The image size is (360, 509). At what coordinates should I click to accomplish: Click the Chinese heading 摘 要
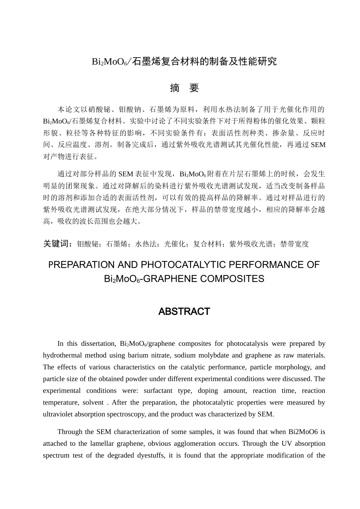(x=184, y=88)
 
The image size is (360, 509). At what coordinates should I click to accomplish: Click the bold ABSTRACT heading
(x=184, y=312)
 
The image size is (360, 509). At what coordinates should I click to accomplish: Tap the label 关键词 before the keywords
(x=57, y=244)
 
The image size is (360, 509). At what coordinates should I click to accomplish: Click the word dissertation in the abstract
(x=98, y=344)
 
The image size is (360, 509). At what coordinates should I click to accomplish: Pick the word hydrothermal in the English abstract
(x=61, y=356)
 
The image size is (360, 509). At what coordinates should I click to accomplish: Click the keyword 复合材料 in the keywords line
(x=207, y=244)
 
